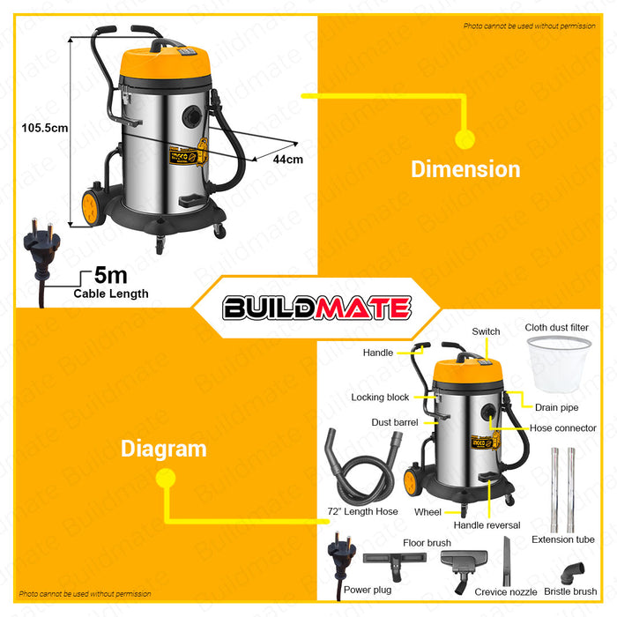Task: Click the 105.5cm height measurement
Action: click(x=45, y=128)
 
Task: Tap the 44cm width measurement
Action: click(x=288, y=160)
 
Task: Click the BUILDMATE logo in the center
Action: click(x=316, y=308)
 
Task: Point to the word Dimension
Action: click(x=465, y=168)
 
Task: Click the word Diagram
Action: click(x=164, y=449)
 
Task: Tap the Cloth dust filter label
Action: click(x=556, y=328)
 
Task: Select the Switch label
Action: click(x=486, y=331)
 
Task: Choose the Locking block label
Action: click(x=380, y=398)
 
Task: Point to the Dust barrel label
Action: click(x=395, y=422)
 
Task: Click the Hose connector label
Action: click(x=562, y=428)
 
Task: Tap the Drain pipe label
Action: click(x=556, y=407)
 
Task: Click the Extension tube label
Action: click(x=562, y=539)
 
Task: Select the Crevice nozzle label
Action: click(x=505, y=591)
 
